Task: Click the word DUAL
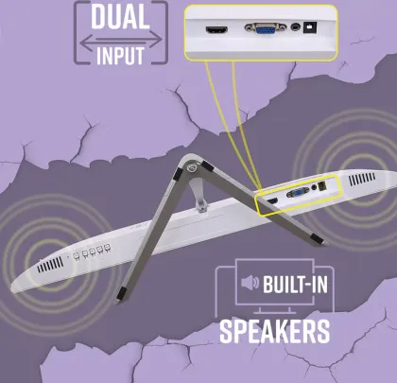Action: pos(120,17)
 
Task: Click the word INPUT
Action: pos(120,56)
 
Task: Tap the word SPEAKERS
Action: pos(274,331)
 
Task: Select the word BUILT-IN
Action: pos(295,284)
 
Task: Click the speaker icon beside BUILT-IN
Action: pos(250,283)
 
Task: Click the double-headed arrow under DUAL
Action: pos(121,40)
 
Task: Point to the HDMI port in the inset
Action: pos(216,30)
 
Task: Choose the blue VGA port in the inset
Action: pos(265,29)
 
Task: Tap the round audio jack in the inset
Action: pos(295,27)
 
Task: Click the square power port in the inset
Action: pos(310,27)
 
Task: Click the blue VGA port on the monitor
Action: pos(298,192)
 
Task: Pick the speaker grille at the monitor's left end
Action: pos(50,265)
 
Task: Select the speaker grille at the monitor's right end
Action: pos(362,179)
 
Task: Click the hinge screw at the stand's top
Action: pos(192,167)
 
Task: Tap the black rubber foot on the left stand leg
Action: pos(121,294)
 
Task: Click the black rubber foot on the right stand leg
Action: pos(317,239)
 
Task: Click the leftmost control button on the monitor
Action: pos(76,256)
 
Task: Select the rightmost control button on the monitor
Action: pos(107,248)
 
